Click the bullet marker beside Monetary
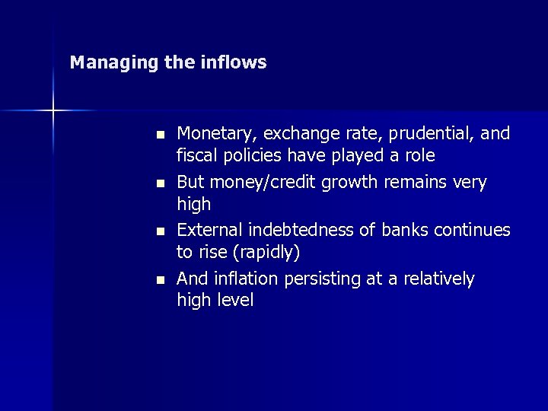[x=160, y=135]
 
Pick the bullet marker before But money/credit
[x=160, y=183]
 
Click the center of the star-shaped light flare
[x=53, y=111]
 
